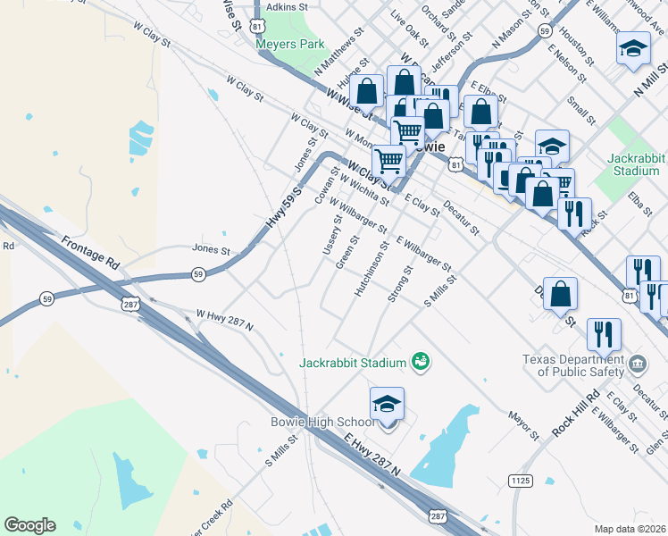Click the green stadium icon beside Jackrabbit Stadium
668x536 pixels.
coord(421,361)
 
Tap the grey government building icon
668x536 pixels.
coord(638,363)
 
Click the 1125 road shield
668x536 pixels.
coord(521,481)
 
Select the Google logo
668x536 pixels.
coord(29,525)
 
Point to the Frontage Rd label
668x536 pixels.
coord(90,253)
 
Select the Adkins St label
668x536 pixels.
coord(287,6)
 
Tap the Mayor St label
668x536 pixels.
coord(524,426)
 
